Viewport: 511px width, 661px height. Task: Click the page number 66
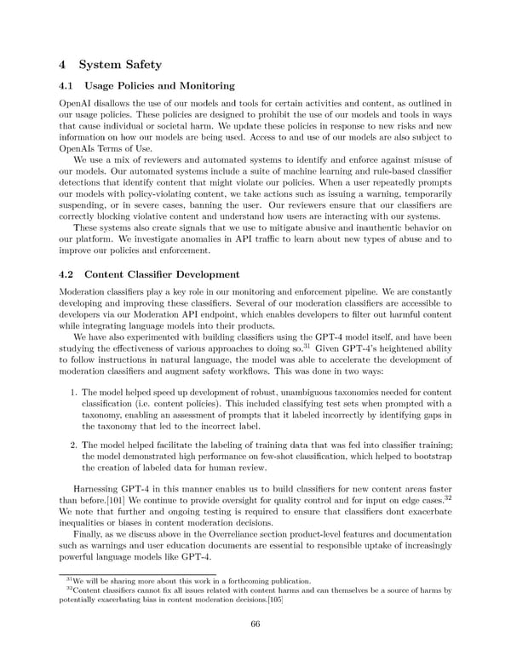tap(255, 623)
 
